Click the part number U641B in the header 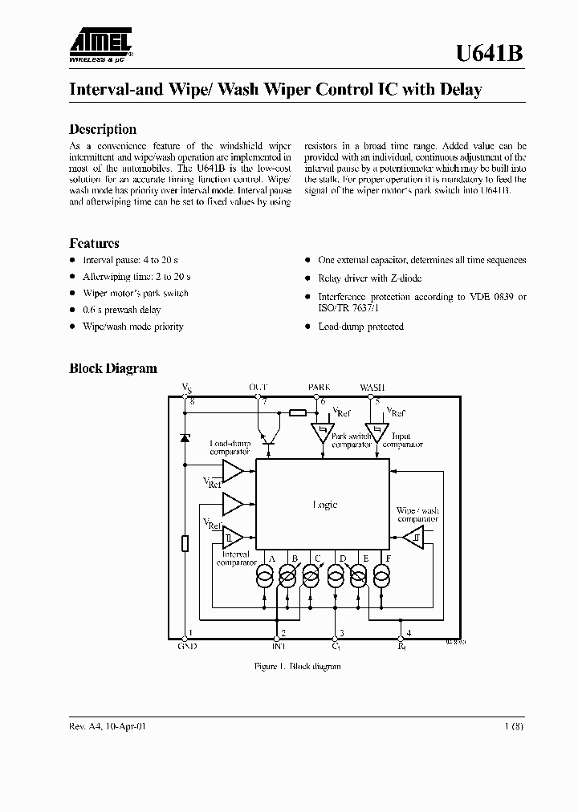pos(490,54)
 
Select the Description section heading pos(103,129)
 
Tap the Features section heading pos(94,243)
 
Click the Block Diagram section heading pos(113,369)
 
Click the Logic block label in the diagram pos(324,505)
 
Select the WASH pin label pos(372,387)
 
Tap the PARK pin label pos(319,387)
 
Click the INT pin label pos(279,645)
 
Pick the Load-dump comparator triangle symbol pos(232,471)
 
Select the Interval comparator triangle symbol pos(232,537)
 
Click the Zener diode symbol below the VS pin pos(185,438)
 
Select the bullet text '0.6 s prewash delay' pos(122,310)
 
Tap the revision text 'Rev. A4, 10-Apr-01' pos(108,726)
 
